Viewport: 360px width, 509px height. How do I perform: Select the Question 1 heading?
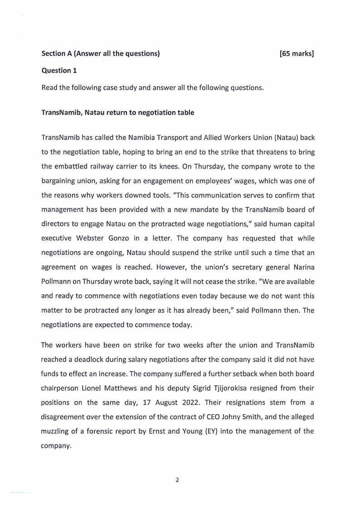pos(56,70)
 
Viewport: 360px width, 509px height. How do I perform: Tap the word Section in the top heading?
pos(54,54)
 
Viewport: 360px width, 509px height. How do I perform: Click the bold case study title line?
pos(118,113)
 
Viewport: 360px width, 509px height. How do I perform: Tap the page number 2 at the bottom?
pos(177,480)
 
